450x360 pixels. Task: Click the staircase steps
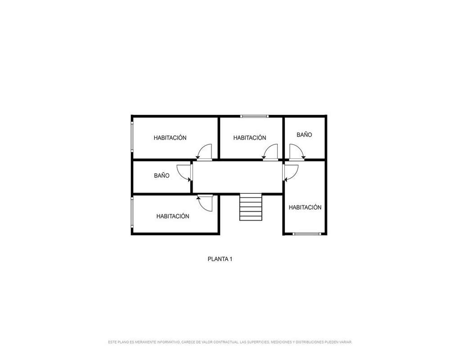[251, 207]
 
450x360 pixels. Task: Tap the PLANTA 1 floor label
[220, 259]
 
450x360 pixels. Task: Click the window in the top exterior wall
[254, 116]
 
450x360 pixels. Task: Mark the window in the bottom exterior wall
[307, 234]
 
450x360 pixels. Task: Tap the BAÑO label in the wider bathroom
[162, 175]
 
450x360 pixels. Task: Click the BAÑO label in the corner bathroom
[304, 135]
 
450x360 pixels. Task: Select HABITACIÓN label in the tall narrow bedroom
[305, 207]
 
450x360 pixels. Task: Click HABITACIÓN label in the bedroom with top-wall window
[250, 138]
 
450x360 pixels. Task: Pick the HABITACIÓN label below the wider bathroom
[173, 216]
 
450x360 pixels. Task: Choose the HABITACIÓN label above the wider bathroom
[170, 138]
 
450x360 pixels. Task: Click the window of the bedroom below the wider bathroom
[132, 212]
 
